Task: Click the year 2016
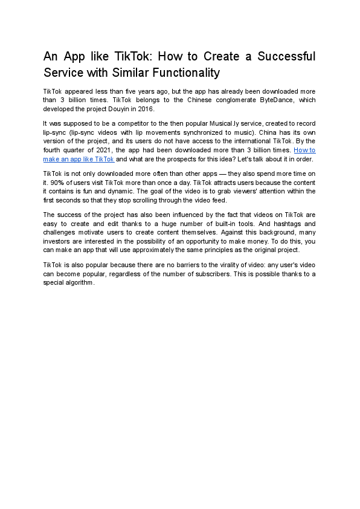tap(145, 109)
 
